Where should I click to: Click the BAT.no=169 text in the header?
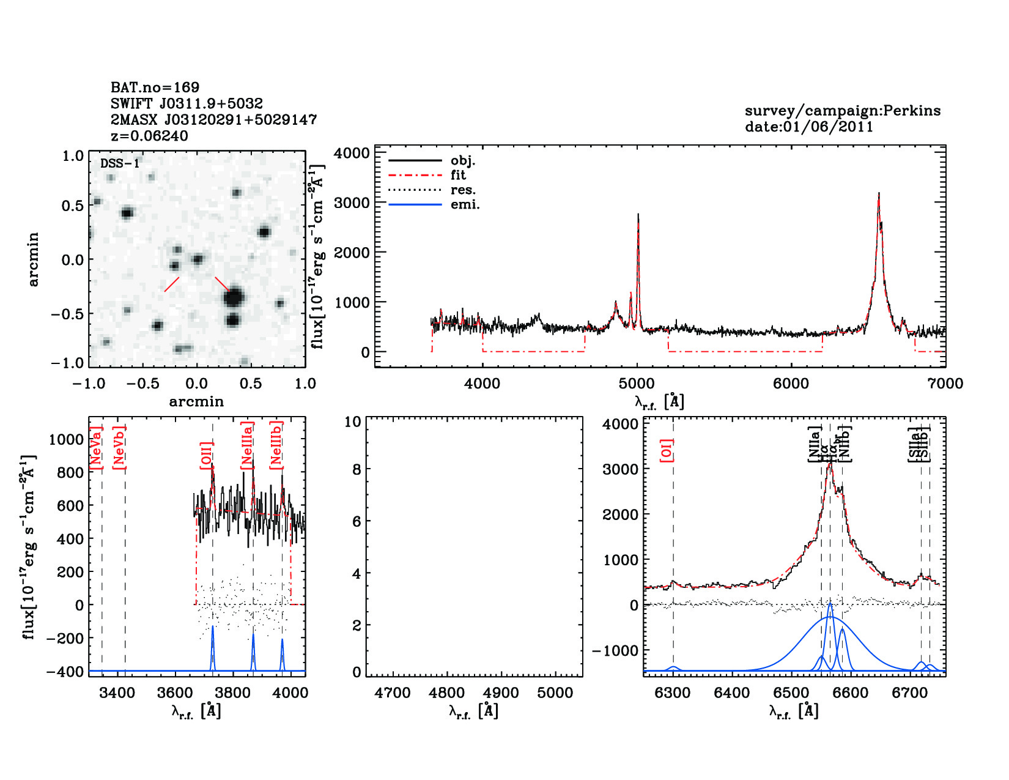pyautogui.click(x=155, y=87)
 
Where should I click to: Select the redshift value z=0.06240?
pyautogui.click(x=149, y=136)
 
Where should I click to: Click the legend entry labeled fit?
pyautogui.click(x=458, y=176)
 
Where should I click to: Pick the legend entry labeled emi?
pyautogui.click(x=465, y=205)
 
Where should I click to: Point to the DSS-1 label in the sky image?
pyautogui.click(x=120, y=163)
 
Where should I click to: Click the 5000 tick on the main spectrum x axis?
pyautogui.click(x=637, y=384)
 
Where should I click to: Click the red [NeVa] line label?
pyautogui.click(x=95, y=448)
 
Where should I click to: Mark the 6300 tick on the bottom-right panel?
pyautogui.click(x=673, y=693)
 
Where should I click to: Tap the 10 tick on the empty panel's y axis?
pyautogui.click(x=353, y=422)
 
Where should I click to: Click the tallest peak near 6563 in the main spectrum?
pyautogui.click(x=879, y=195)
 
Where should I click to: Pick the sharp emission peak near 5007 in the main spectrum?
pyautogui.click(x=638, y=215)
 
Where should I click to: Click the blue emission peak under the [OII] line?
pyautogui.click(x=212, y=629)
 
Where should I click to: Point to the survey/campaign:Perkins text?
pyautogui.click(x=842, y=111)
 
